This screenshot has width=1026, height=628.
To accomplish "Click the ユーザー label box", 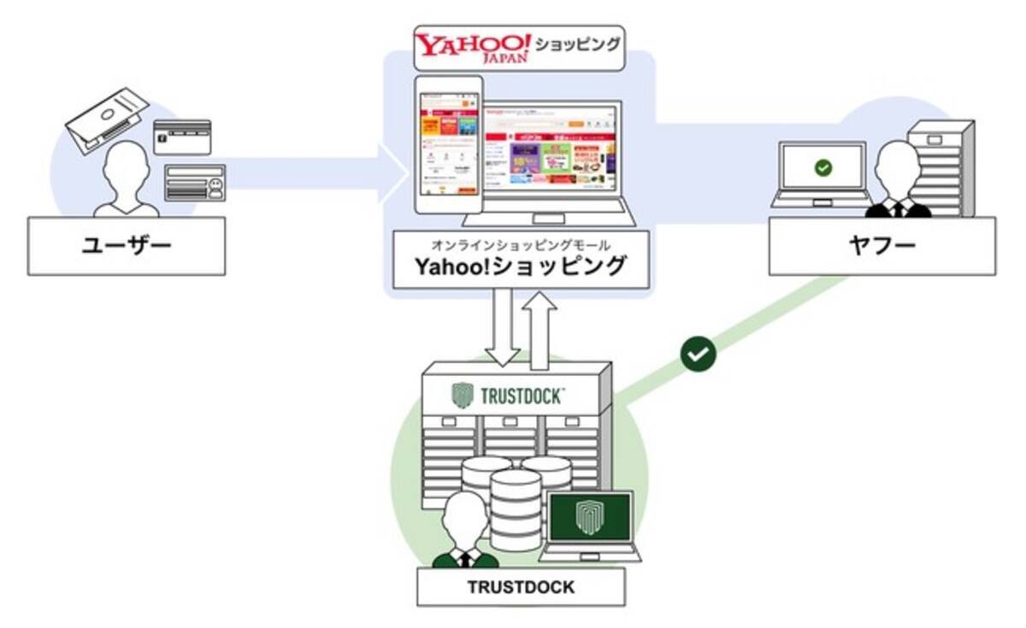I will pyautogui.click(x=127, y=246).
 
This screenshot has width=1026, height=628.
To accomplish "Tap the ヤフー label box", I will pyautogui.click(x=881, y=246).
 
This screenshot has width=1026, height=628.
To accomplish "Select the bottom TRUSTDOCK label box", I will pyautogui.click(x=520, y=587).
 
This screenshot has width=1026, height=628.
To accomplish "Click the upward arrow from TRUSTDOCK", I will pyautogui.click(x=540, y=329).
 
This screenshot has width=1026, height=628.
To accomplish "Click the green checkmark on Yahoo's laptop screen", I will pyautogui.click(x=823, y=168).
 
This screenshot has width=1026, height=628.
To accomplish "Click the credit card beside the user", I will pyautogui.click(x=181, y=137).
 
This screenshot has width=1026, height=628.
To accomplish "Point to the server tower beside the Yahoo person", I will pyautogui.click(x=940, y=167).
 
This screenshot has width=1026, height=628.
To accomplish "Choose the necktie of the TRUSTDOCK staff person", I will pyautogui.click(x=465, y=557).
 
